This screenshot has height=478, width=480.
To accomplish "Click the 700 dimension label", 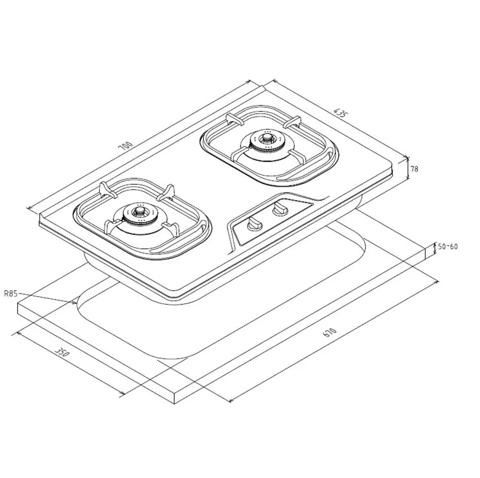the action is click(x=126, y=146).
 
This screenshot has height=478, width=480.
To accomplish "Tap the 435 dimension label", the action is click(x=341, y=113).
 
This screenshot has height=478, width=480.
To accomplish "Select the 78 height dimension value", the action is click(x=414, y=168).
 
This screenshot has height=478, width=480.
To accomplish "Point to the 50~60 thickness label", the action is click(x=448, y=246).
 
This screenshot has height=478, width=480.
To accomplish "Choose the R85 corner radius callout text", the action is click(x=11, y=294).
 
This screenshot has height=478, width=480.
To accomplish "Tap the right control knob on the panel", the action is click(x=279, y=208).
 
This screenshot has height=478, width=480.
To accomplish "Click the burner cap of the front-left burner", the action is click(x=140, y=211).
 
